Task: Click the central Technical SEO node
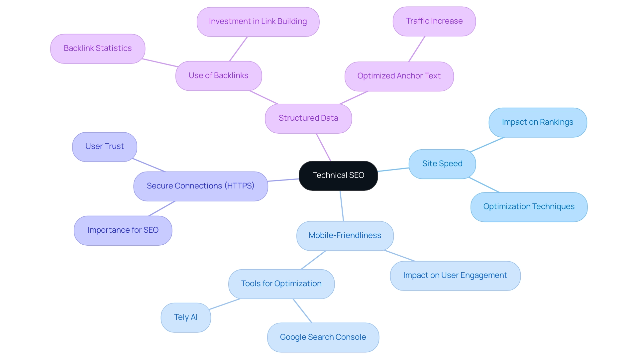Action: (x=338, y=176)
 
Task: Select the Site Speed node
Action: (x=442, y=164)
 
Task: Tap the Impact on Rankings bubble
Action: (x=537, y=122)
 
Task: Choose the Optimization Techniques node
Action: (x=529, y=207)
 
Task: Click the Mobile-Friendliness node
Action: (x=345, y=236)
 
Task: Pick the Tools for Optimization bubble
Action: (x=281, y=284)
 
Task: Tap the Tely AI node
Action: (x=185, y=317)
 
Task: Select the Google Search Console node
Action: (x=323, y=337)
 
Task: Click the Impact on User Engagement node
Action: (x=455, y=276)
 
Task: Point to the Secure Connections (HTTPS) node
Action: (x=200, y=186)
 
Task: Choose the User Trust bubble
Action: (x=104, y=147)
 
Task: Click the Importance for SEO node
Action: (x=123, y=230)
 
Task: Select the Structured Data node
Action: (x=308, y=118)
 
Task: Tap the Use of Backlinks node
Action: (x=218, y=76)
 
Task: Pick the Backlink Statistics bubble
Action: (x=97, y=49)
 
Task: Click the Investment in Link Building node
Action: (x=258, y=22)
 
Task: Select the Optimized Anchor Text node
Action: (x=399, y=76)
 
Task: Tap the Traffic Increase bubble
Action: (x=434, y=21)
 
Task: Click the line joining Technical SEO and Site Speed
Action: (x=393, y=170)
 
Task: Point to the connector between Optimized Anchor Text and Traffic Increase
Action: (x=417, y=49)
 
